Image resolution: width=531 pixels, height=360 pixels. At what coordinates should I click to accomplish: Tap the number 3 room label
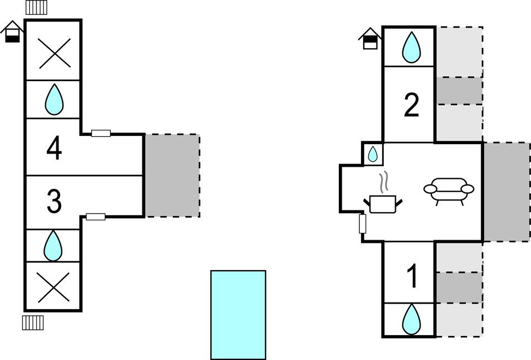point(54,202)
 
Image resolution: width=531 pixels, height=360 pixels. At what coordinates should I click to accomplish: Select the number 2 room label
point(411,105)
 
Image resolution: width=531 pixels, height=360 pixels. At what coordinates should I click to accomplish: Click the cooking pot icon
point(383,204)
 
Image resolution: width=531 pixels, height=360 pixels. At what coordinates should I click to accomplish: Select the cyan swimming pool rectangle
point(238,315)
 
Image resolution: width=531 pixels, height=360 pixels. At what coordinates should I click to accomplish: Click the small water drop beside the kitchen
point(373,154)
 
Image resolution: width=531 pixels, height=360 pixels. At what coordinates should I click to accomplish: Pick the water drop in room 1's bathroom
point(411,319)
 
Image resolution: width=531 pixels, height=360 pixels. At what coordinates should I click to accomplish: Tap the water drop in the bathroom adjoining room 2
point(411,47)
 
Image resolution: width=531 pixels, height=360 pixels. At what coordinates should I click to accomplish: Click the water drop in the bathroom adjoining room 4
point(54,99)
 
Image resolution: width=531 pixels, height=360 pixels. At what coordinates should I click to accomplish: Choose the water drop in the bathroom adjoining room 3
point(53,246)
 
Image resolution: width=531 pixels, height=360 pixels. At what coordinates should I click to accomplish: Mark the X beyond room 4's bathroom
point(54,53)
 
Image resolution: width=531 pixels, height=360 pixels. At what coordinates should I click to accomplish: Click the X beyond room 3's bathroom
point(54,287)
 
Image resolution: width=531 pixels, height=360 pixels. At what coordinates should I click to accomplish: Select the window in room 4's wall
point(101,134)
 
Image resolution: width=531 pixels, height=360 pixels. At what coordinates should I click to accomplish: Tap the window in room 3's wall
point(95,217)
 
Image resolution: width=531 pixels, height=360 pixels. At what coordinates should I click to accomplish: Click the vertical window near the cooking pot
point(363,224)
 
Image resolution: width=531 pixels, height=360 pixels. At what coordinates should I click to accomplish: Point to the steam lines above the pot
point(384,182)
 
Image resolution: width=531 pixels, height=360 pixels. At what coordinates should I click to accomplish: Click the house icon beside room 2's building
point(369,38)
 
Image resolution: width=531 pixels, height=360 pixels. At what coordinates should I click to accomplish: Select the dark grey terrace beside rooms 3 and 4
point(172,176)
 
